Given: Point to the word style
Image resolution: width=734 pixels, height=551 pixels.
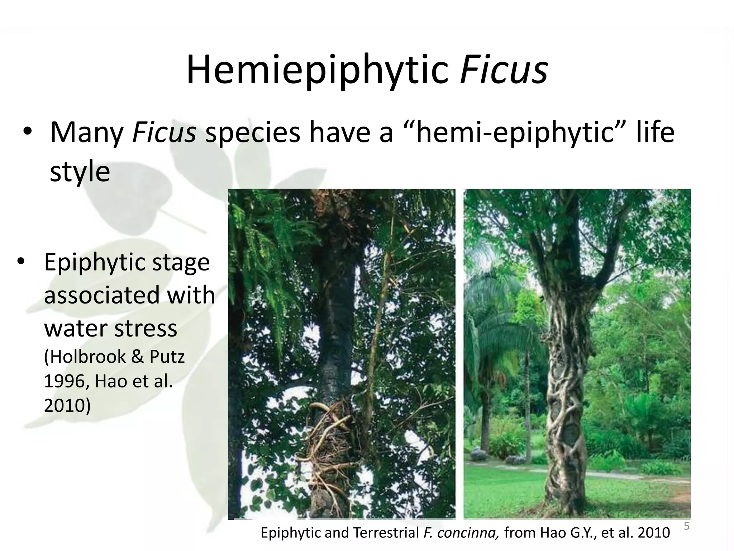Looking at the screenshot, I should (x=80, y=171).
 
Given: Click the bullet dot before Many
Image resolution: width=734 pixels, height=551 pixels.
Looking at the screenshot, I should (x=27, y=133).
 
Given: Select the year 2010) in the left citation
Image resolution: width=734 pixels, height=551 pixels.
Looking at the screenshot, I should (x=67, y=405).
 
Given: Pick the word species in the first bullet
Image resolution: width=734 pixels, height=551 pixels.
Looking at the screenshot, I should (x=252, y=133).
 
